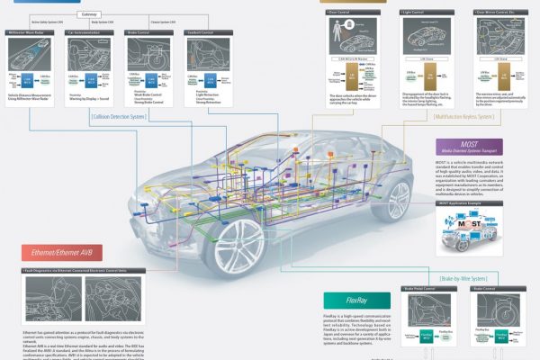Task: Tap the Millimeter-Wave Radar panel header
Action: [x=32, y=31]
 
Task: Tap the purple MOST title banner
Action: [x=469, y=146]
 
